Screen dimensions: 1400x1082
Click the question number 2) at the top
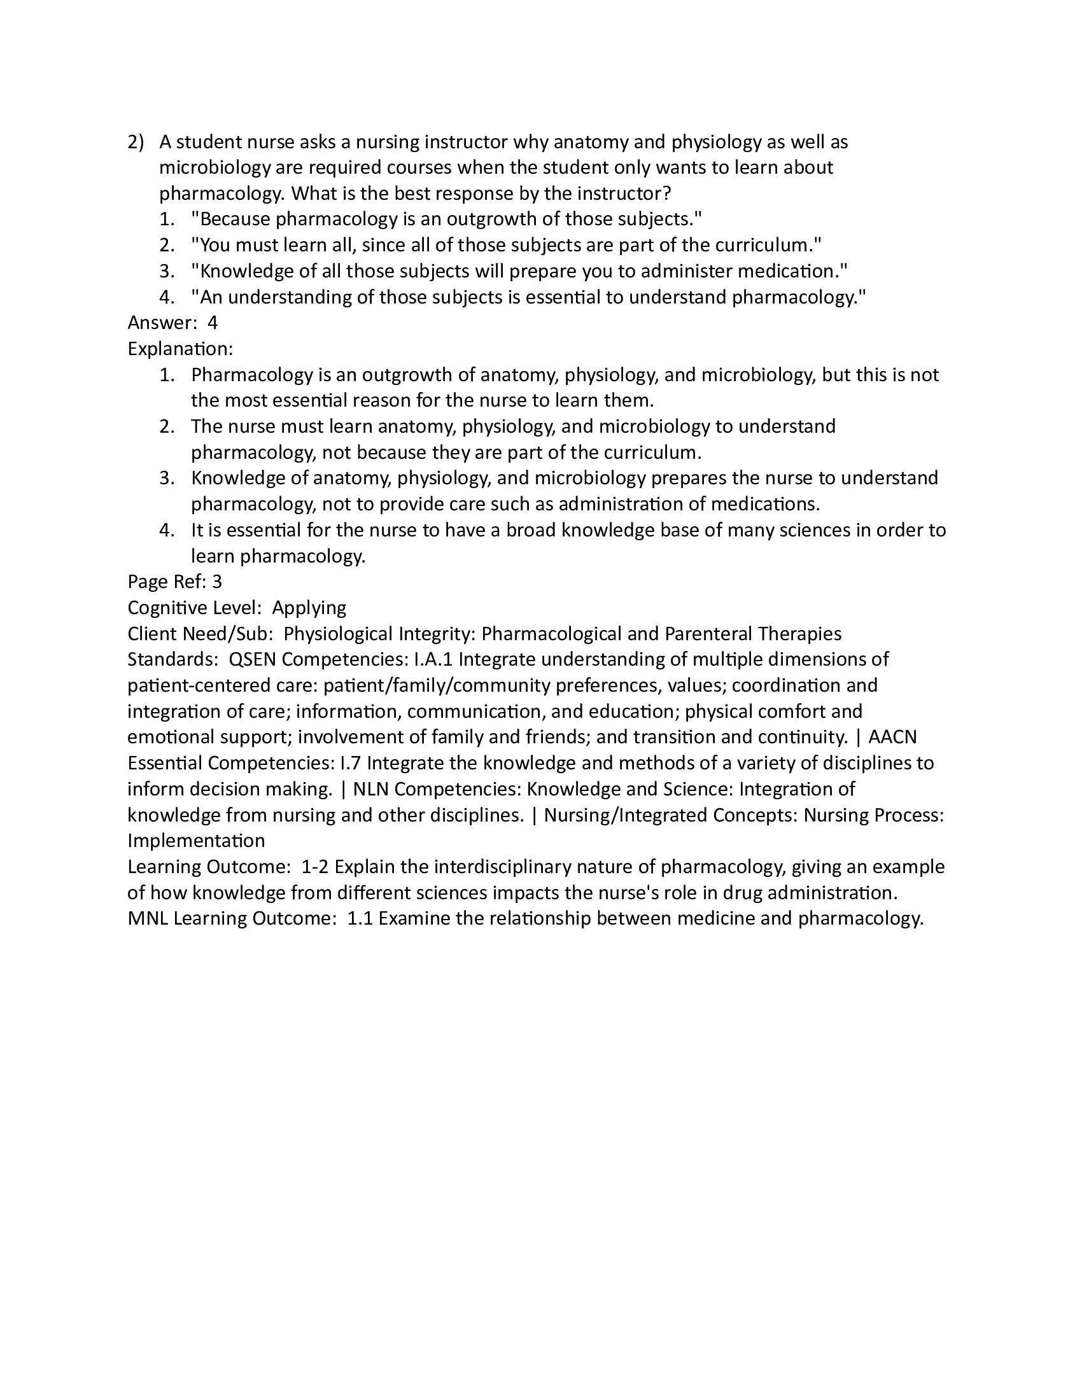click(136, 142)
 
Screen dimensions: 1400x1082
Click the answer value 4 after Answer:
click(213, 323)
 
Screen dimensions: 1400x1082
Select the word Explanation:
click(180, 349)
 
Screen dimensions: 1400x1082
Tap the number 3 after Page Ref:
click(216, 582)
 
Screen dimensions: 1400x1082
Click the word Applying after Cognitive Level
click(309, 607)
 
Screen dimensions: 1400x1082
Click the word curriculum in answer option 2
click(763, 245)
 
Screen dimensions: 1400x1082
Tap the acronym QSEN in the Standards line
click(252, 659)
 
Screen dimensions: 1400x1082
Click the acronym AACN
click(892, 736)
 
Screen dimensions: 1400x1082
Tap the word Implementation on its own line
click(196, 841)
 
